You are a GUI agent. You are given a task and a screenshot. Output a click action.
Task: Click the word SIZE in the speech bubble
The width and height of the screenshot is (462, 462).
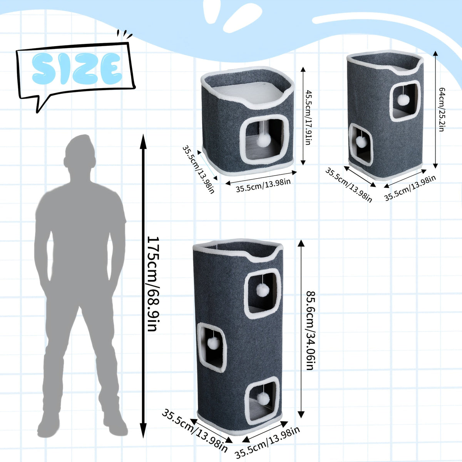77,69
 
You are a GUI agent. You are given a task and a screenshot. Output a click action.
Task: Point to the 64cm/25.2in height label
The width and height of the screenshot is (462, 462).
441,109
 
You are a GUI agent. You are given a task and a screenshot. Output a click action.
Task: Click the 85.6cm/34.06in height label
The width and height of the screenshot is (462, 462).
311,331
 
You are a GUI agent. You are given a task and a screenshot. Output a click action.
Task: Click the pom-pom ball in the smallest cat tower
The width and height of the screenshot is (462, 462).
263,141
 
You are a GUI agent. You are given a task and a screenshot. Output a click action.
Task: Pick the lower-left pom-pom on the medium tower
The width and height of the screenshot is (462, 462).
361,142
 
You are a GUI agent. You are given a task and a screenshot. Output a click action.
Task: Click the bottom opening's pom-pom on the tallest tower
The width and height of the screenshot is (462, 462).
263,399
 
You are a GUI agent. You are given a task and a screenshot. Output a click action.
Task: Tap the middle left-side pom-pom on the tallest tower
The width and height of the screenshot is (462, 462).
213,343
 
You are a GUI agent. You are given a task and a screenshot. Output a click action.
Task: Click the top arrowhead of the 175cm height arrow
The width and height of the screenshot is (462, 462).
143,141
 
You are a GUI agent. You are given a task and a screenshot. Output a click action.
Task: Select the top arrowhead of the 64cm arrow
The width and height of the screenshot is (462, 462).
435,54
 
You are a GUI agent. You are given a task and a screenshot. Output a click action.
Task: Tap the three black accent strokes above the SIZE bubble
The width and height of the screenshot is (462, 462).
124,34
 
